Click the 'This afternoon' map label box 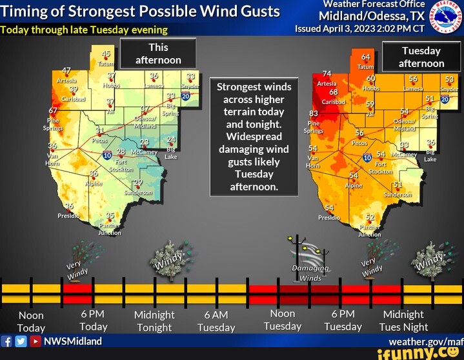(x=158, y=54)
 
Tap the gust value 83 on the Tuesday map (x=315, y=114)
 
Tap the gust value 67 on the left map (x=54, y=111)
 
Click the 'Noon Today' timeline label (x=31, y=321)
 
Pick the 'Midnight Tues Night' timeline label (x=403, y=321)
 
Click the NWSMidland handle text (x=72, y=341)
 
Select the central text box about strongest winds (x=254, y=137)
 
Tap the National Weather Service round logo (x=448, y=15)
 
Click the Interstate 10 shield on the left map (x=106, y=155)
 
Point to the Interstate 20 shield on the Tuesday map (x=445, y=98)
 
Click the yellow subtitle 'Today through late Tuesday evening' (x=84, y=30)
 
